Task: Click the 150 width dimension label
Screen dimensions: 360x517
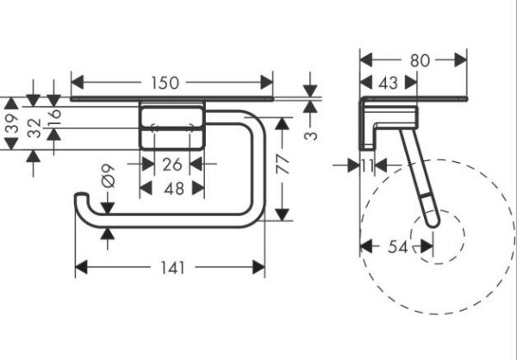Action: pyautogui.click(x=164, y=84)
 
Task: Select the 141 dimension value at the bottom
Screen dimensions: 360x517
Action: pyautogui.click(x=173, y=268)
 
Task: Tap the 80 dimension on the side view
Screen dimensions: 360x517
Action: pyautogui.click(x=420, y=61)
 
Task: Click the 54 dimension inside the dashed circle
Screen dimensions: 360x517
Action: pyautogui.click(x=396, y=247)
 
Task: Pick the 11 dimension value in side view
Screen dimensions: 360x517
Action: pyautogui.click(x=368, y=165)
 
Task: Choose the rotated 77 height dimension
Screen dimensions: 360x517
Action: pyautogui.click(x=282, y=164)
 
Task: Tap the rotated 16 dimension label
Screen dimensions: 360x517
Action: pyautogui.click(x=54, y=117)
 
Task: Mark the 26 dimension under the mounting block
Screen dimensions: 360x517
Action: pyautogui.click(x=172, y=164)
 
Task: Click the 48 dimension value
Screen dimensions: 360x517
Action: pyautogui.click(x=172, y=187)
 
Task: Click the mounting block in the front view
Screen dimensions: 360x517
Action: pyautogui.click(x=172, y=126)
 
